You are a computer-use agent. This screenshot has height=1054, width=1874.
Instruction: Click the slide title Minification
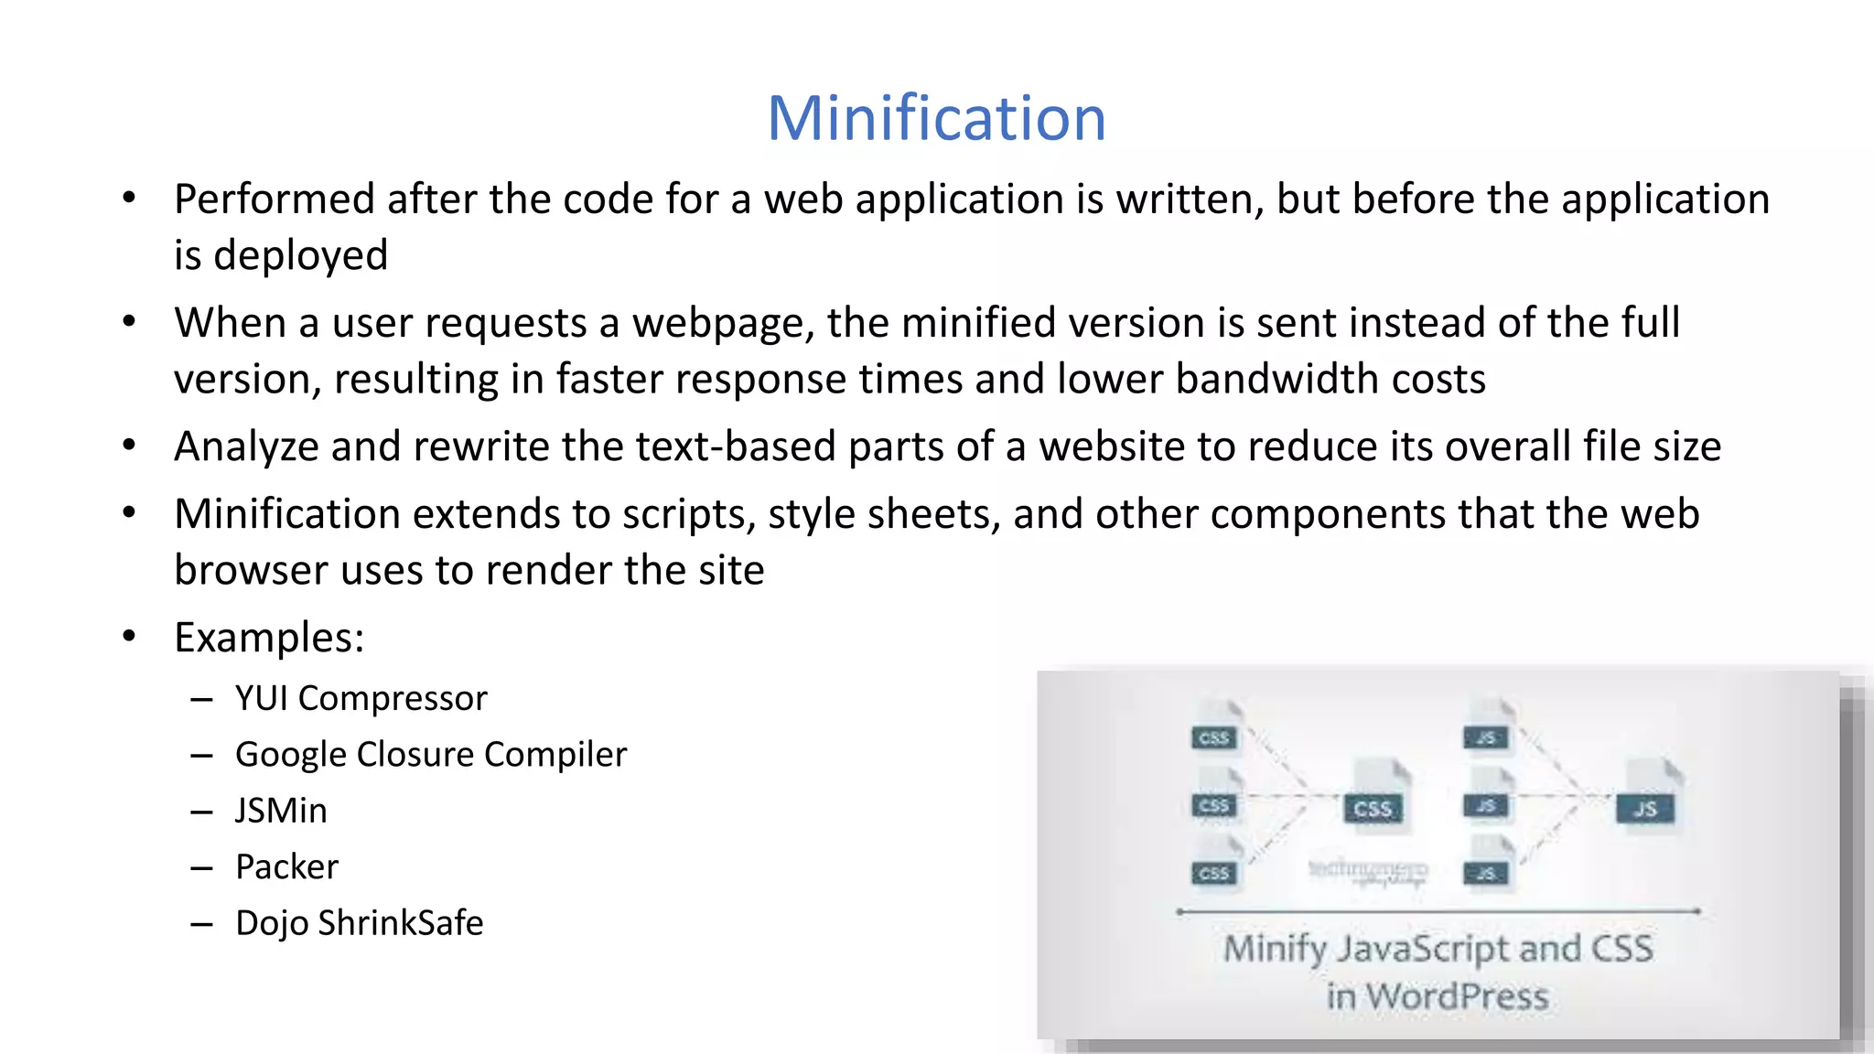tap(936, 118)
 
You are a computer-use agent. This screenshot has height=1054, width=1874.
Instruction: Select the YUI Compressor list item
tap(361, 698)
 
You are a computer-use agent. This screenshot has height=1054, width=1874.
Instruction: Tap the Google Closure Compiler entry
tap(431, 755)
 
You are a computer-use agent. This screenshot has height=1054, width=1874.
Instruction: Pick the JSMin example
tap(281, 811)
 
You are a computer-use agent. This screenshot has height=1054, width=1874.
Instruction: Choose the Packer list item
tap(286, 866)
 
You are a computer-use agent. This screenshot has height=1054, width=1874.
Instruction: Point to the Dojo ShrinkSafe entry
tap(359, 923)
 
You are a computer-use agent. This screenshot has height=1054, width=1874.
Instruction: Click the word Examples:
tap(269, 638)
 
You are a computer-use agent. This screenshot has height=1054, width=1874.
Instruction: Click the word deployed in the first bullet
tap(300, 255)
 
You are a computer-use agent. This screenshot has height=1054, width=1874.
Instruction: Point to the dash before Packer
tap(201, 867)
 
